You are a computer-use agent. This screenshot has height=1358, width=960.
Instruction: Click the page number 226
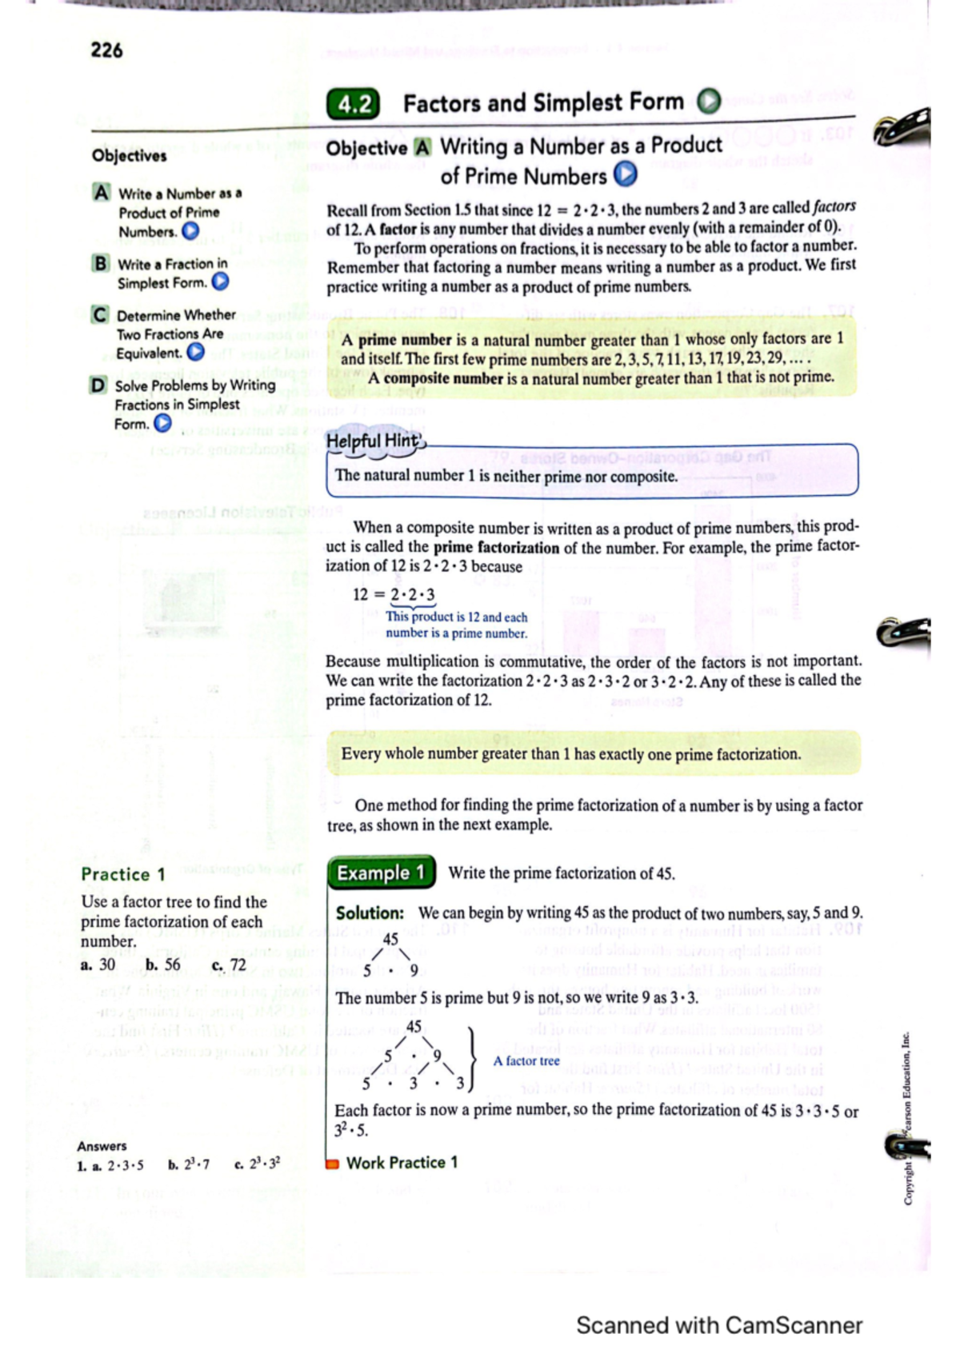pyautogui.click(x=106, y=50)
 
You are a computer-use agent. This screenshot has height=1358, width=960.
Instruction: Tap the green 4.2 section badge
pyautogui.click(x=353, y=105)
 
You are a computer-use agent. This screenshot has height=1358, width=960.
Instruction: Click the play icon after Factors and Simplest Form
pyautogui.click(x=708, y=102)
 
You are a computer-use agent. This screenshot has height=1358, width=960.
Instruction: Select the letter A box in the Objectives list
pyautogui.click(x=101, y=193)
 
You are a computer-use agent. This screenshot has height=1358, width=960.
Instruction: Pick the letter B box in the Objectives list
pyautogui.click(x=100, y=263)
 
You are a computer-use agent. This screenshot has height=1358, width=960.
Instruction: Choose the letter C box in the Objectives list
pyautogui.click(x=99, y=314)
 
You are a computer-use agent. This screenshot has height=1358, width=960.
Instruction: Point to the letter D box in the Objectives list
pyautogui.click(x=98, y=385)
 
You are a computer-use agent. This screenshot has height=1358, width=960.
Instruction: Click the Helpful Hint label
pyautogui.click(x=373, y=441)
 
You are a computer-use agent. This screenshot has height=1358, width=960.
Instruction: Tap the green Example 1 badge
pyautogui.click(x=381, y=873)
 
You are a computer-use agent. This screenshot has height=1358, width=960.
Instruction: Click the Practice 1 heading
pyautogui.click(x=123, y=874)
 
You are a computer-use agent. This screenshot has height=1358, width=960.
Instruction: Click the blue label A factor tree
pyautogui.click(x=526, y=1060)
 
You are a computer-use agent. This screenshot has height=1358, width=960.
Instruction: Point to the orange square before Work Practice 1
pyautogui.click(x=333, y=1164)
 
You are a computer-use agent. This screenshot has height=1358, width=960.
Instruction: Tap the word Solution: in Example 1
pyautogui.click(x=370, y=913)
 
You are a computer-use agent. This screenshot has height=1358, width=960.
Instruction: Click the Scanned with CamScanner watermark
pyautogui.click(x=718, y=1325)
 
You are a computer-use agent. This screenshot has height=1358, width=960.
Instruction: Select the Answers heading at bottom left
pyautogui.click(x=102, y=1146)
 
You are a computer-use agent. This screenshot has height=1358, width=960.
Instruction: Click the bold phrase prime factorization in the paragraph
pyautogui.click(x=496, y=548)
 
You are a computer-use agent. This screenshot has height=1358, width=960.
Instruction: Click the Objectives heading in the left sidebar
pyautogui.click(x=129, y=155)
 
